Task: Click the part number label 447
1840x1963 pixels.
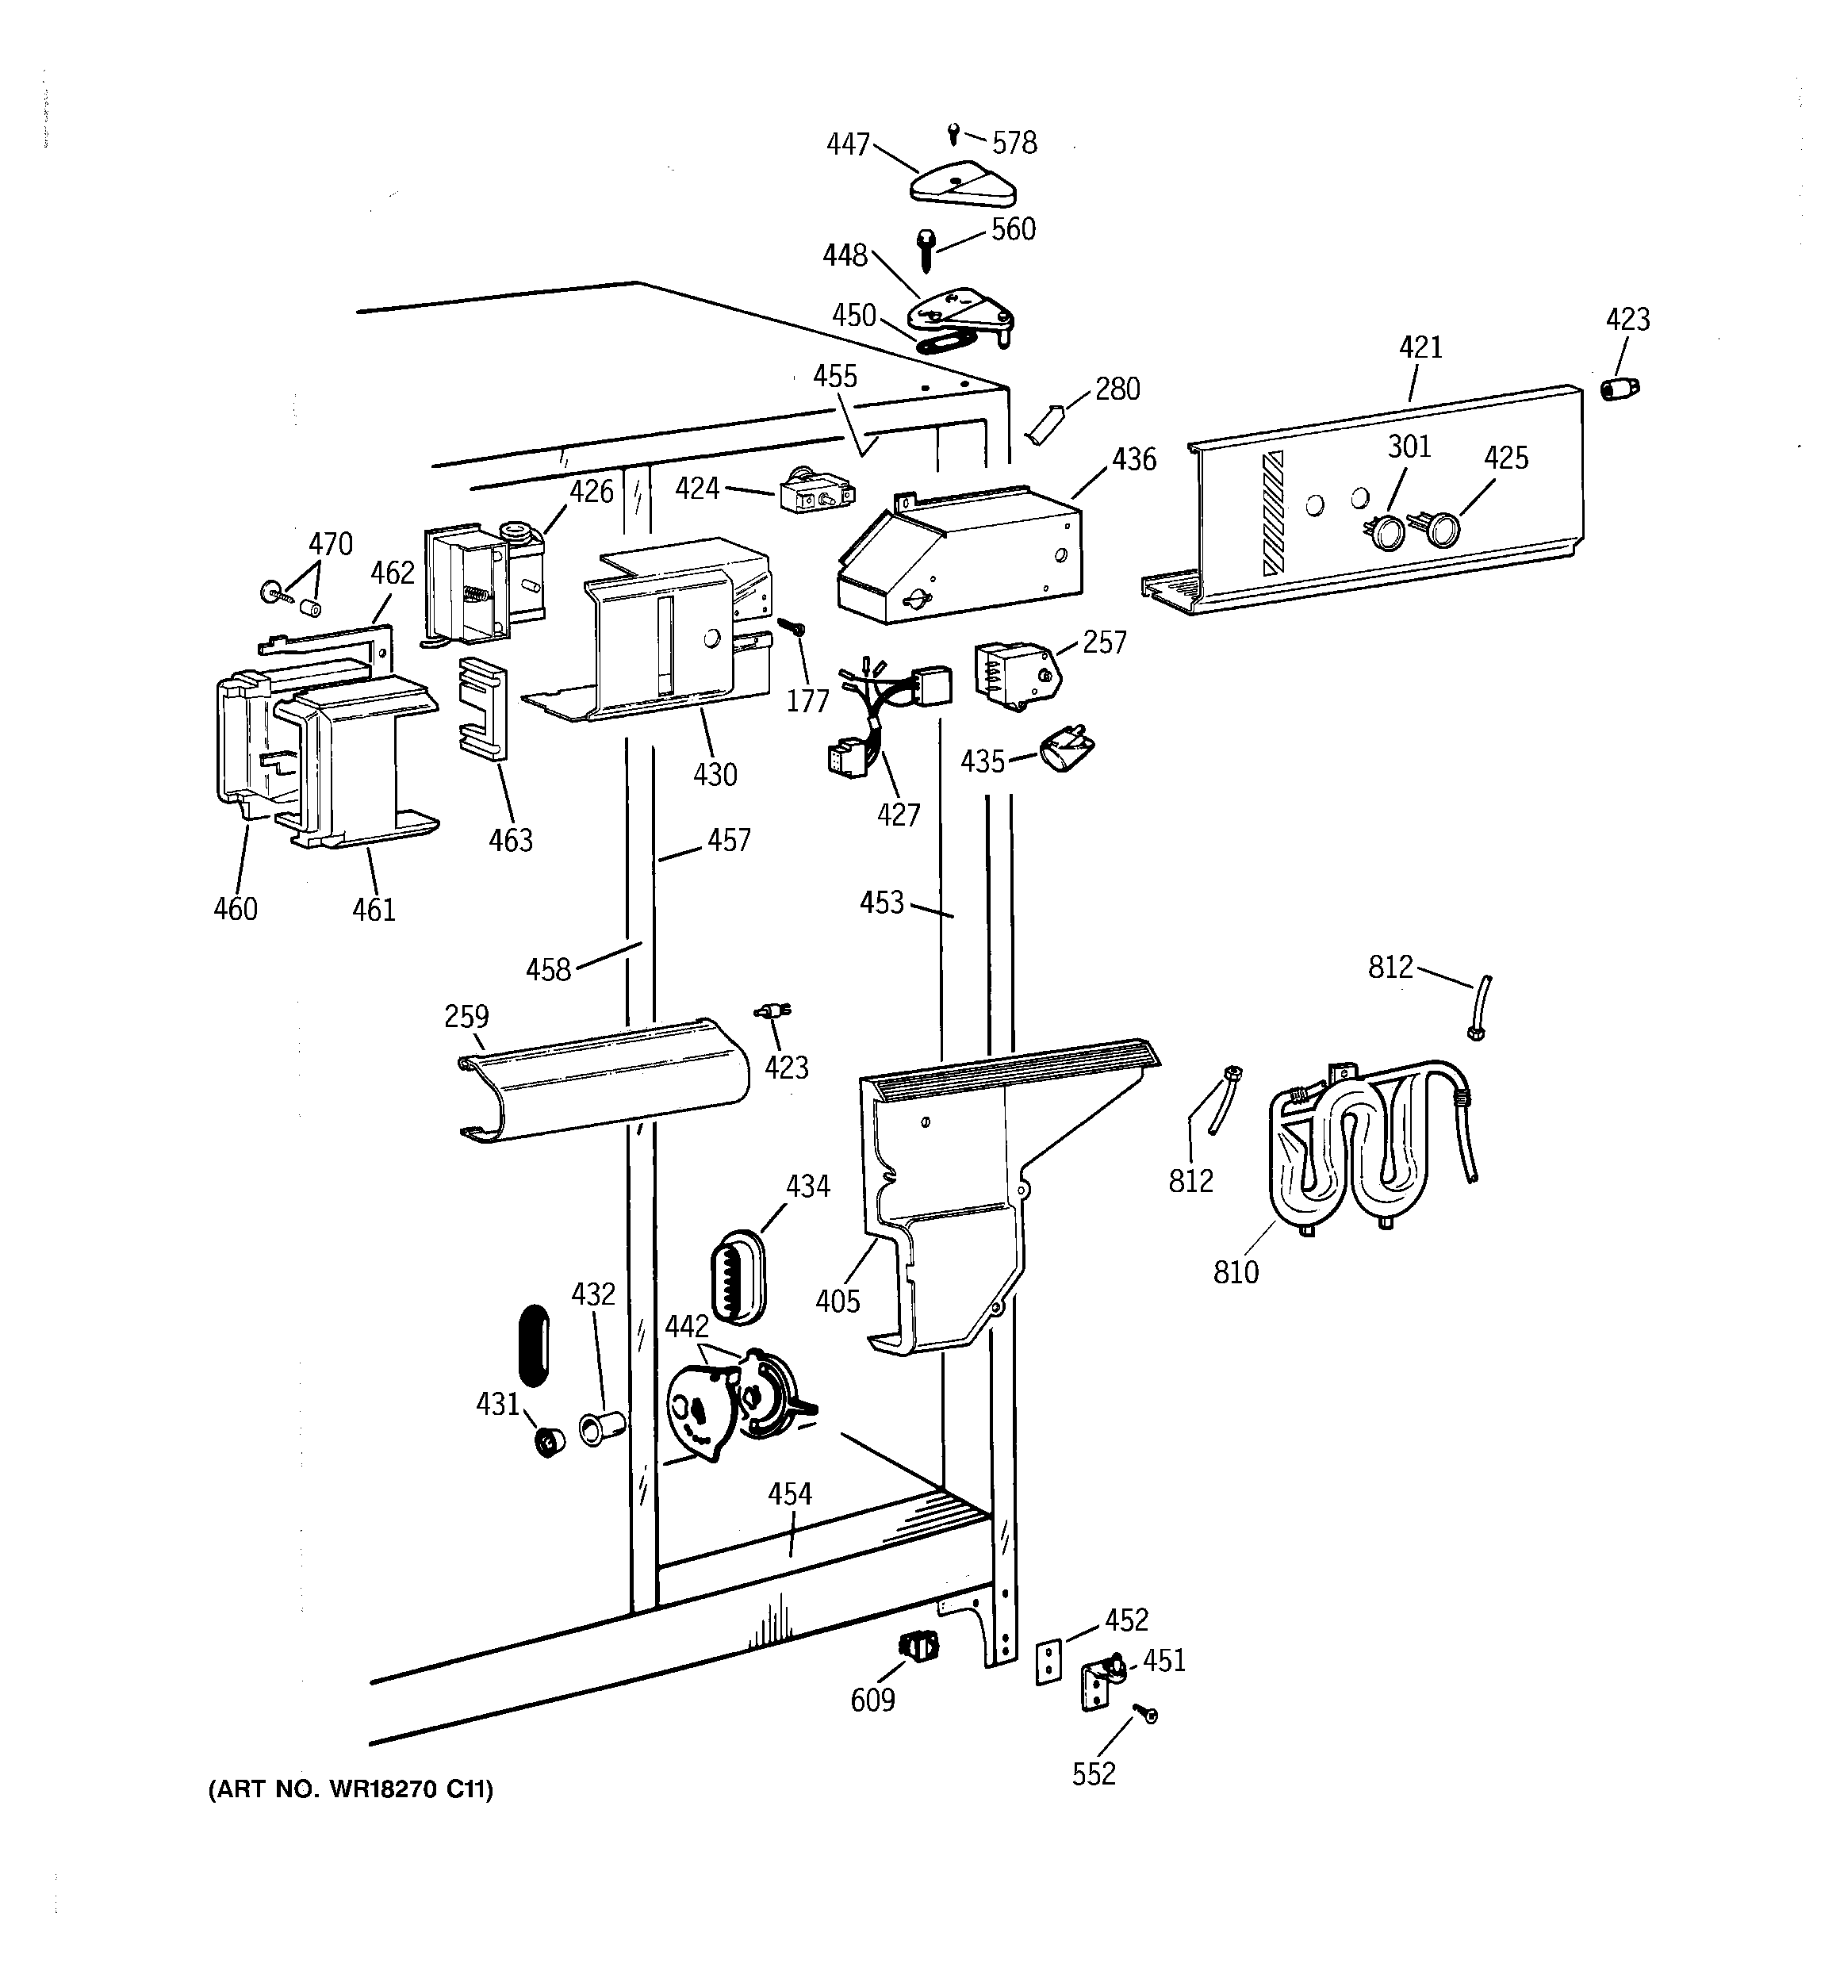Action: (x=847, y=144)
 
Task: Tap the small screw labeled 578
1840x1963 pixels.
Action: (x=954, y=132)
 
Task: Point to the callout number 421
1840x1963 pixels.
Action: (x=1420, y=347)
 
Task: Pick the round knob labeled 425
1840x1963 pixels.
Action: (x=1442, y=531)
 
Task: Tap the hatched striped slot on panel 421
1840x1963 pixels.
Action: (x=1273, y=512)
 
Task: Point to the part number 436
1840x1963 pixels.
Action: (x=1134, y=459)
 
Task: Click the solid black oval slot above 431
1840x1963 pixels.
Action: (x=533, y=1347)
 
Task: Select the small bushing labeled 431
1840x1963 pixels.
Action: (x=547, y=1443)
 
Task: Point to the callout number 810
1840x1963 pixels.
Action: (x=1236, y=1272)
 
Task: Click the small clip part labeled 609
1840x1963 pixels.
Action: (x=918, y=1646)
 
